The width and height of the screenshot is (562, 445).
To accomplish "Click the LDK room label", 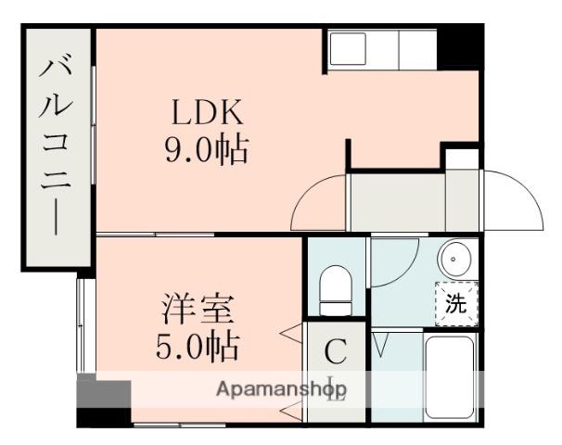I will (206, 113).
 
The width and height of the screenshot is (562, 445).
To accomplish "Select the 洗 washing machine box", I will (456, 302).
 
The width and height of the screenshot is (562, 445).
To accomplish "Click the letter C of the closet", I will (336, 351).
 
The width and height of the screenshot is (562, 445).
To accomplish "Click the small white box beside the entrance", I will (460, 158).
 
